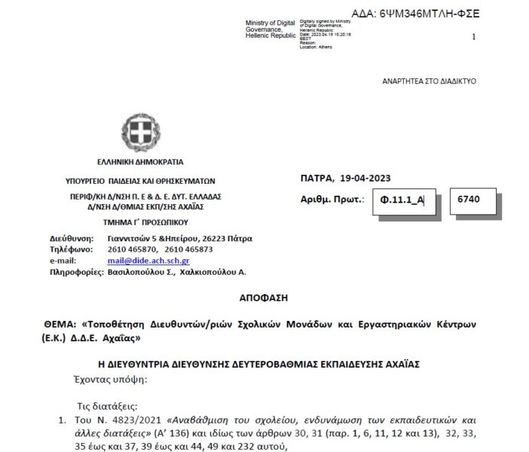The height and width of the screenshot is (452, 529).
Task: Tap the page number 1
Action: click(473, 36)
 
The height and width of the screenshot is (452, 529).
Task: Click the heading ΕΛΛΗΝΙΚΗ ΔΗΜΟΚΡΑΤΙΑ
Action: click(139, 162)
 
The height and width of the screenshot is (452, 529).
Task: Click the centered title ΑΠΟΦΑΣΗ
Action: click(264, 298)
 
